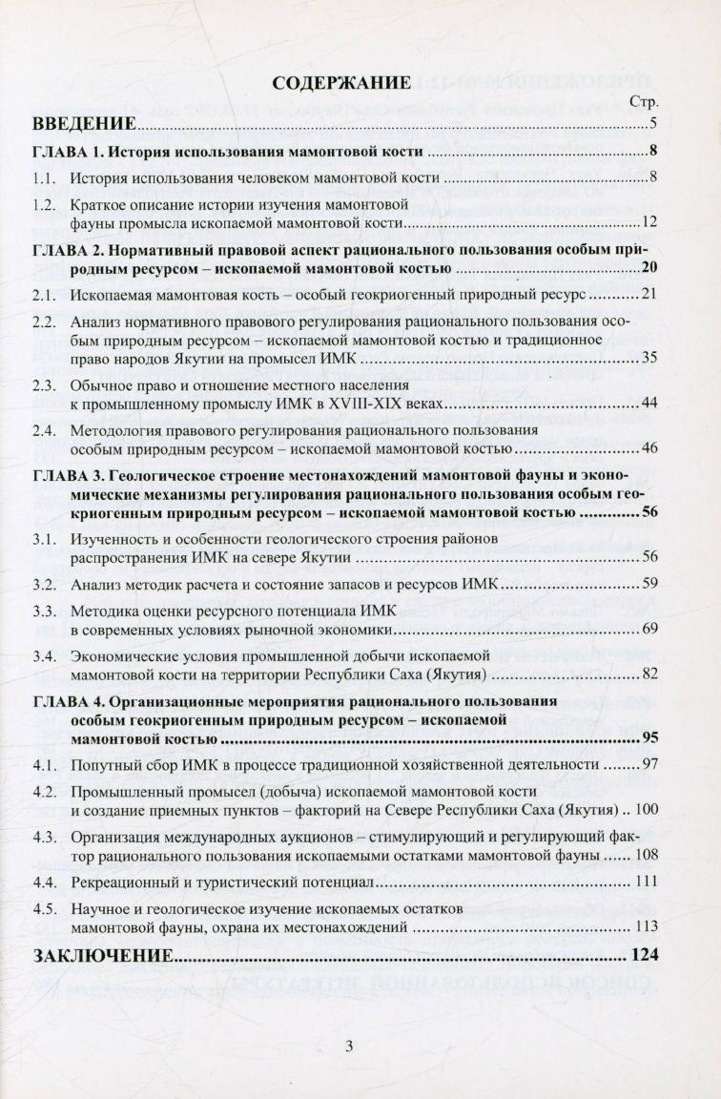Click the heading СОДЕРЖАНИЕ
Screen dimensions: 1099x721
pyautogui.click(x=340, y=82)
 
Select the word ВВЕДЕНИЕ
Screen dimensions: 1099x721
pyautogui.click(x=82, y=124)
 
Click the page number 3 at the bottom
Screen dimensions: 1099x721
pyautogui.click(x=349, y=1046)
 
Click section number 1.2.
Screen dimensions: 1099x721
pyautogui.click(x=43, y=205)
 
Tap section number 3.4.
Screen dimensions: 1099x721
pyautogui.click(x=43, y=655)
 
